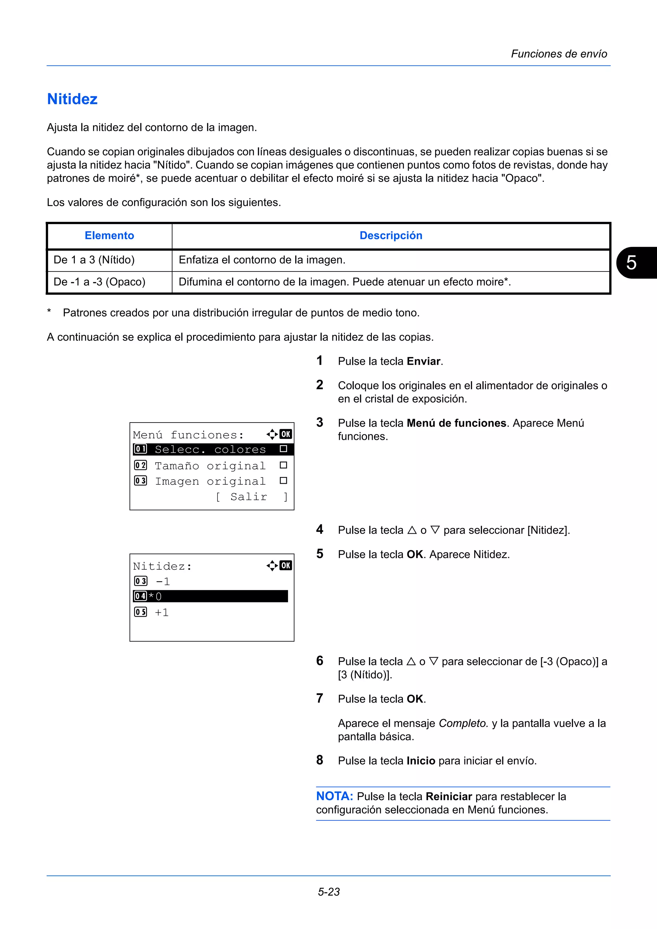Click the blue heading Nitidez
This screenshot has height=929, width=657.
72,99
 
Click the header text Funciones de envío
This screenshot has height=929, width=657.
559,54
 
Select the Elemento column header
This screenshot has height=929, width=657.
109,236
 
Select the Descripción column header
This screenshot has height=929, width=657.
391,236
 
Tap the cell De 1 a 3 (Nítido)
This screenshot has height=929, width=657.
94,260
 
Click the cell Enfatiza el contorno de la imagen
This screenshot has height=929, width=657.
262,260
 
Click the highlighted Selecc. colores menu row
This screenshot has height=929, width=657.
210,449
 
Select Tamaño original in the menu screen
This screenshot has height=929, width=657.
210,466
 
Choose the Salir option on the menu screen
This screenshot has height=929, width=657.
249,497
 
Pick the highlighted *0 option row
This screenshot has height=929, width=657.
210,596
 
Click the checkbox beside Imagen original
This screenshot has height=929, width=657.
283,481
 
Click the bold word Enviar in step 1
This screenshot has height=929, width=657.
423,361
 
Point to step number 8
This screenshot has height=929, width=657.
320,760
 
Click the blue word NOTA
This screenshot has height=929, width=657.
334,796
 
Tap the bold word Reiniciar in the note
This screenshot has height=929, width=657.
448,797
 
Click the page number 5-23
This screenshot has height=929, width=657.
328,892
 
